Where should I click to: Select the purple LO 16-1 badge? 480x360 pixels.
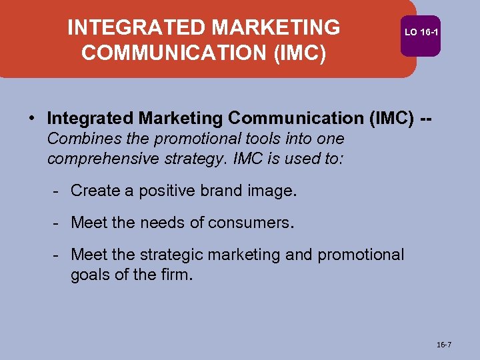pos(421,32)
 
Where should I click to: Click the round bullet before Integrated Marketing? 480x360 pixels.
pos(32,119)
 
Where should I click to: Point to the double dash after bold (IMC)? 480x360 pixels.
pos(431,119)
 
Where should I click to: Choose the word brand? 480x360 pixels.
pos(209,191)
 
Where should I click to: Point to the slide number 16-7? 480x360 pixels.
pos(443,345)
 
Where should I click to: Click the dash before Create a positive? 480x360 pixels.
pos(59,191)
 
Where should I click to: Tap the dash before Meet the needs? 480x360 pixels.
pos(59,223)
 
